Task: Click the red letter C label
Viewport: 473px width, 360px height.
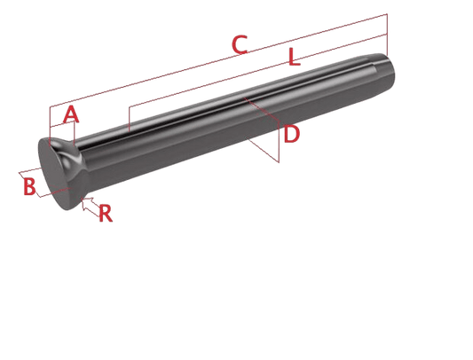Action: click(x=240, y=45)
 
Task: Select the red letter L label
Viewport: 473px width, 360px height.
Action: click(x=294, y=57)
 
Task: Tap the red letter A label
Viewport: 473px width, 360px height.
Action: click(x=71, y=114)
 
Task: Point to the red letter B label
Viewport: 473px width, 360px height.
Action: click(x=29, y=186)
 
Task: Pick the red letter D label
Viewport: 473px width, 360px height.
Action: click(x=291, y=134)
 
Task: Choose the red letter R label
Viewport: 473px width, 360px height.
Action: click(x=106, y=213)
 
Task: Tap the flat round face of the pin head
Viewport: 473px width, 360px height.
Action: click(x=54, y=175)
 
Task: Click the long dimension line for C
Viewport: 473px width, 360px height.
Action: click(x=218, y=60)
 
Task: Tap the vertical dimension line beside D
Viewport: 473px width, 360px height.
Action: click(x=279, y=142)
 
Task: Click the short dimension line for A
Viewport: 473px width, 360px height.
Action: click(x=62, y=124)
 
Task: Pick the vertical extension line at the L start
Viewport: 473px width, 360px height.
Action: click(x=129, y=120)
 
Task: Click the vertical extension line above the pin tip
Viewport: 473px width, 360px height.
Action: click(x=387, y=34)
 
